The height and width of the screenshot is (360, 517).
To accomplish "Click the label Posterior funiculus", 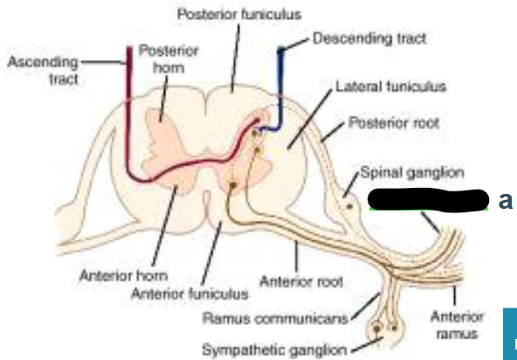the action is [239, 14].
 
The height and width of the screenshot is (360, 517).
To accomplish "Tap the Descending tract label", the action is [369, 38].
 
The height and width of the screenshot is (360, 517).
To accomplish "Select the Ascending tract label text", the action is [43, 71].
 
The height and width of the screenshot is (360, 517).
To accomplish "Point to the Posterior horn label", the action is [169, 59].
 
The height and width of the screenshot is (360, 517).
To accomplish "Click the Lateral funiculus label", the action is [390, 87].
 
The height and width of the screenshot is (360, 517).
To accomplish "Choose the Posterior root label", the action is [394, 123].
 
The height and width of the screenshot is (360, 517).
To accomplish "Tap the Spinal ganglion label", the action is [412, 173].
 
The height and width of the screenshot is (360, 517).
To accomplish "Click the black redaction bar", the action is [428, 200].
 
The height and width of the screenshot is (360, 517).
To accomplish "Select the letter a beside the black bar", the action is [505, 200].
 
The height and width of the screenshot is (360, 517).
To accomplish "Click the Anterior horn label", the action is [123, 275].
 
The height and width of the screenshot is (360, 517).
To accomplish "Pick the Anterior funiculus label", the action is [190, 294].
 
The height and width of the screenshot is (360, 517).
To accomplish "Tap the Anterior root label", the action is [301, 282].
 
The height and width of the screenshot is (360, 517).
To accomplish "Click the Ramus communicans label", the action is [275, 319].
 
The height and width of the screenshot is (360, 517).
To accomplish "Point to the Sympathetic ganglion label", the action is [274, 350].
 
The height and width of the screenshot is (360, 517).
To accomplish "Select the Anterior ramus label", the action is [457, 325].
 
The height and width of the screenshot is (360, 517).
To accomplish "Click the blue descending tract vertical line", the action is [280, 88].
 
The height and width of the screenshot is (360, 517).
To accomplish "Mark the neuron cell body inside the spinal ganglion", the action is [349, 206].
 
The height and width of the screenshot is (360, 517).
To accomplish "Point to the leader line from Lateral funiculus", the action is [310, 120].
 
